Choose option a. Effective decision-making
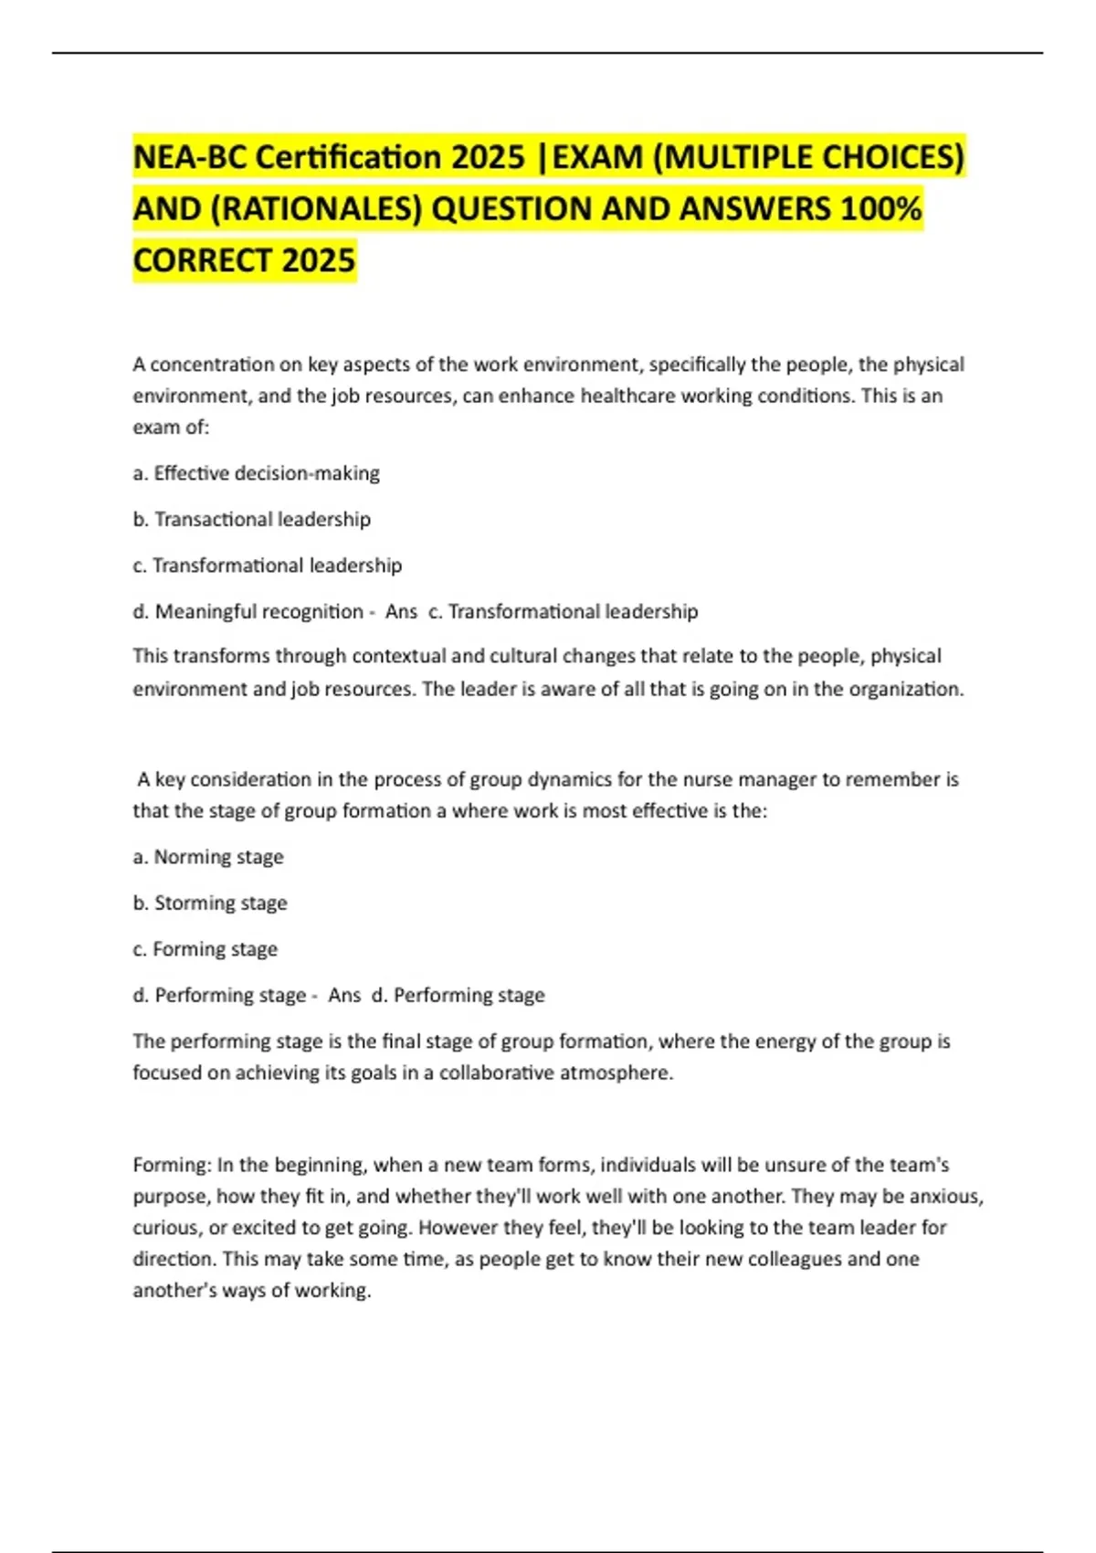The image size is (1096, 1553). coord(256,473)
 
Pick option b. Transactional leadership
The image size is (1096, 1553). coord(251,519)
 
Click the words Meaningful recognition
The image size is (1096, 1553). coord(259,611)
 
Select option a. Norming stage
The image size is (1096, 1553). coord(208,857)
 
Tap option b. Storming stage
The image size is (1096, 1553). coord(210,903)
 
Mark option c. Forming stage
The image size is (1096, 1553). coord(205,949)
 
